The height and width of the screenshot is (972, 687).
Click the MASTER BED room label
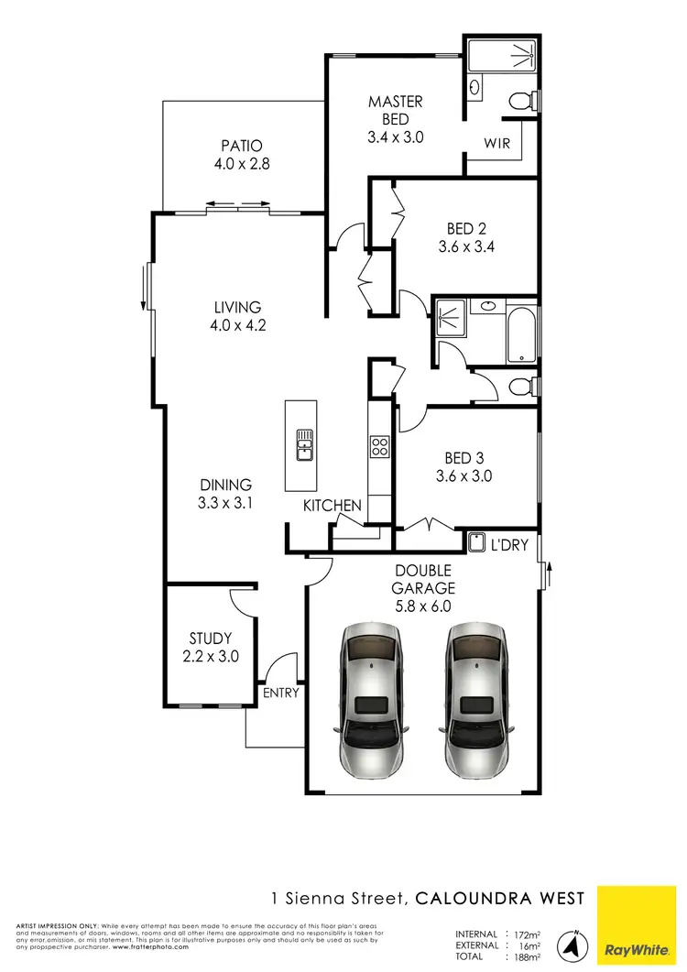click(x=396, y=110)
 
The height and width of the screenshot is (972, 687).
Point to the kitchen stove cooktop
click(x=379, y=446)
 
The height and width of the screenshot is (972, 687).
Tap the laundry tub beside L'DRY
click(x=476, y=543)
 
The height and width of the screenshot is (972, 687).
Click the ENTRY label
click(x=280, y=693)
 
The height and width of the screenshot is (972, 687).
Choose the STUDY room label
click(x=211, y=639)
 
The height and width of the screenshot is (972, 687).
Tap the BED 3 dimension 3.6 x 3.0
click(x=464, y=476)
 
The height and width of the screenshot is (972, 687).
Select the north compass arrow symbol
click(x=573, y=944)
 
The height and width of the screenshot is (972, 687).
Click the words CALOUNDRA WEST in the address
click(x=499, y=898)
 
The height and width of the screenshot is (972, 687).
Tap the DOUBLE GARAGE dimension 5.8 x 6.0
click(x=422, y=606)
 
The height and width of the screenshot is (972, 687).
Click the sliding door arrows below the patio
click(x=239, y=204)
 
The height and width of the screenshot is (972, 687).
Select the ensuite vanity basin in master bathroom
click(x=475, y=87)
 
